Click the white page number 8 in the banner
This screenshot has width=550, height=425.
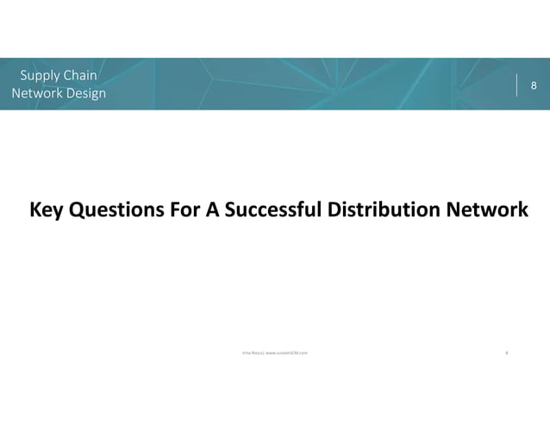pyautogui.click(x=534, y=86)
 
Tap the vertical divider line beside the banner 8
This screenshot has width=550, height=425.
pyautogui.click(x=517, y=85)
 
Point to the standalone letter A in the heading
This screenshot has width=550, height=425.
pyautogui.click(x=216, y=211)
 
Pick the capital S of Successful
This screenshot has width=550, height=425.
pyautogui.click(x=233, y=211)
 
